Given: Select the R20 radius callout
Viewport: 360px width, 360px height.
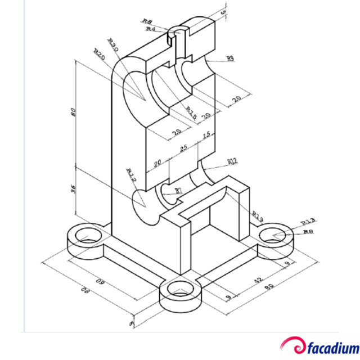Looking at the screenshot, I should (x=100, y=55).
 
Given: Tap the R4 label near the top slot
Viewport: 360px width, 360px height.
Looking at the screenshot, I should (x=150, y=28).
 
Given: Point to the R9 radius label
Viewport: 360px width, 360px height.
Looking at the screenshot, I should (x=230, y=58).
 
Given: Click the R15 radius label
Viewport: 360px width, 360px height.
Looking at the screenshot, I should (x=191, y=113).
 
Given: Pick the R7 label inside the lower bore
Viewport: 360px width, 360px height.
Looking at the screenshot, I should (x=178, y=191).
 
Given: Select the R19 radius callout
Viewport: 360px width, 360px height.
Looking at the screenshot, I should (x=258, y=214).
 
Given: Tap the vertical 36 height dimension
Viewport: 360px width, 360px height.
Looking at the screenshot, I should (x=73, y=189).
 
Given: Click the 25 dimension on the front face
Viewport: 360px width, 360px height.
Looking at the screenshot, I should (x=183, y=148).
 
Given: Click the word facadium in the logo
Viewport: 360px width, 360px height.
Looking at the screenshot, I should (x=332, y=346).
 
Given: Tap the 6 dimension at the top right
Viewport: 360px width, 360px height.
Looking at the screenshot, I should (x=223, y=12).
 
